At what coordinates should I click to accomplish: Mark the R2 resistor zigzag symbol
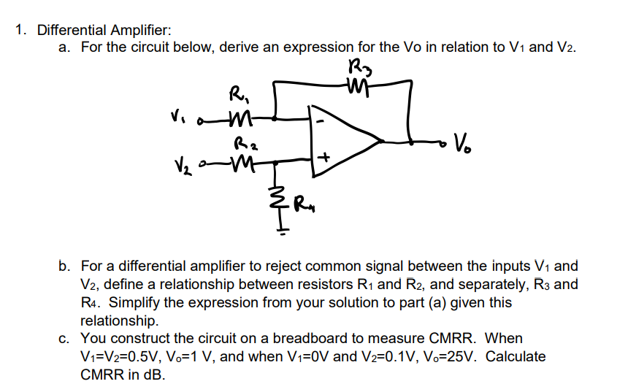(x=240, y=159)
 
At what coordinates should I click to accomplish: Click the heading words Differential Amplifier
(x=104, y=30)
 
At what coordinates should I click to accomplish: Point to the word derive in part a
(x=240, y=47)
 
